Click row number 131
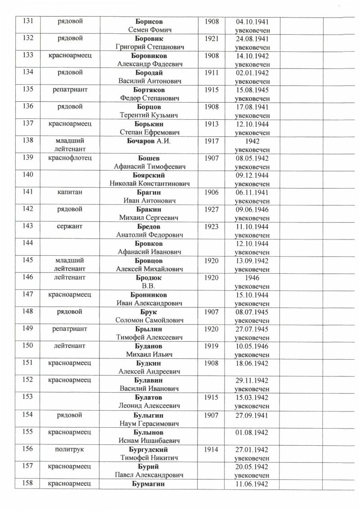tap(28, 22)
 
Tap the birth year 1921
tap(211, 39)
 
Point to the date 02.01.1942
tap(252, 73)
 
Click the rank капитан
tap(69, 193)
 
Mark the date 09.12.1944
tap(252, 176)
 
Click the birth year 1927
tap(211, 210)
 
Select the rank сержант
tap(69, 227)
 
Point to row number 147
tap(28, 295)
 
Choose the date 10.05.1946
tap(252, 347)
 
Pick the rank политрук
tap(69, 449)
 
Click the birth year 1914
tap(211, 449)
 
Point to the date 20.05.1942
tap(252, 466)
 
